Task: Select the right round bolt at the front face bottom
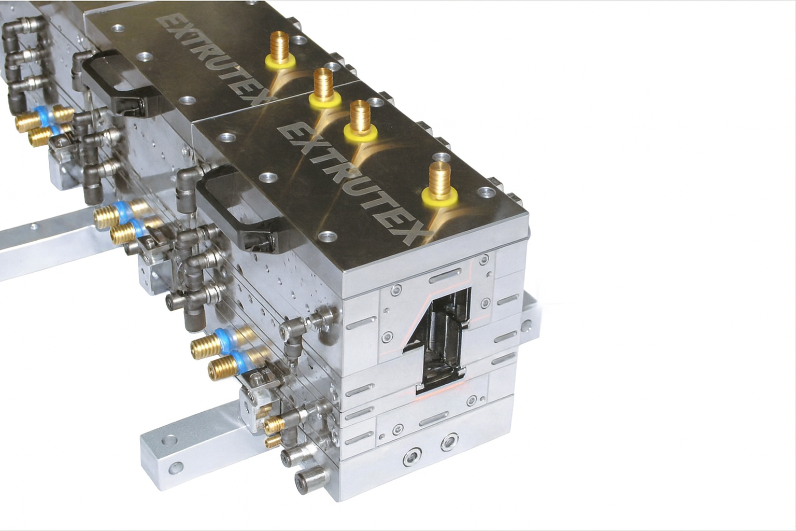449,442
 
